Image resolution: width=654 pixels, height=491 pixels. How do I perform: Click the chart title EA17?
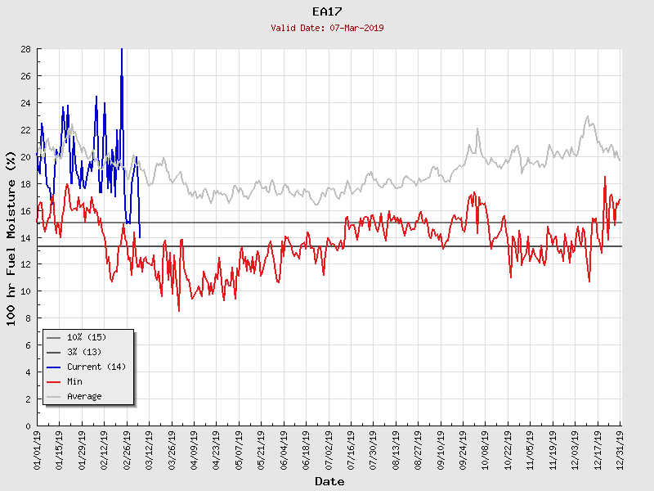(327, 11)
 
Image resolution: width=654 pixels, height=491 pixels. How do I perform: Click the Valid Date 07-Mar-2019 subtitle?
(327, 28)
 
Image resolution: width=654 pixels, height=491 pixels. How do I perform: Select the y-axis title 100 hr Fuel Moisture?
(12, 237)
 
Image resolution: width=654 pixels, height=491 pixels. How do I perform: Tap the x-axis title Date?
(329, 482)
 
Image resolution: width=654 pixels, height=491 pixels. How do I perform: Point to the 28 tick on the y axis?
(25, 49)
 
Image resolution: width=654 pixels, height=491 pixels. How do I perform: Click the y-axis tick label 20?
(25, 157)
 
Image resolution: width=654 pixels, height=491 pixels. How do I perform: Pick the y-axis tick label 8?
(28, 318)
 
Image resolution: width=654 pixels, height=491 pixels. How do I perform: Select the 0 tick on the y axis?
(28, 426)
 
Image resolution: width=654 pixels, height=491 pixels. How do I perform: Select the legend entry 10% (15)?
(86, 337)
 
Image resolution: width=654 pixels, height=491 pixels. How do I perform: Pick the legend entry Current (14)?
(96, 367)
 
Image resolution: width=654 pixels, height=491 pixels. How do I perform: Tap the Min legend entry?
(74, 381)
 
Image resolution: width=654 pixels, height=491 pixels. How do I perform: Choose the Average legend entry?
(84, 396)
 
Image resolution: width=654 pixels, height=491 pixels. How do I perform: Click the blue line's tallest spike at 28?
(122, 50)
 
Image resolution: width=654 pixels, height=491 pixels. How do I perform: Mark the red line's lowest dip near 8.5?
(179, 311)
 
